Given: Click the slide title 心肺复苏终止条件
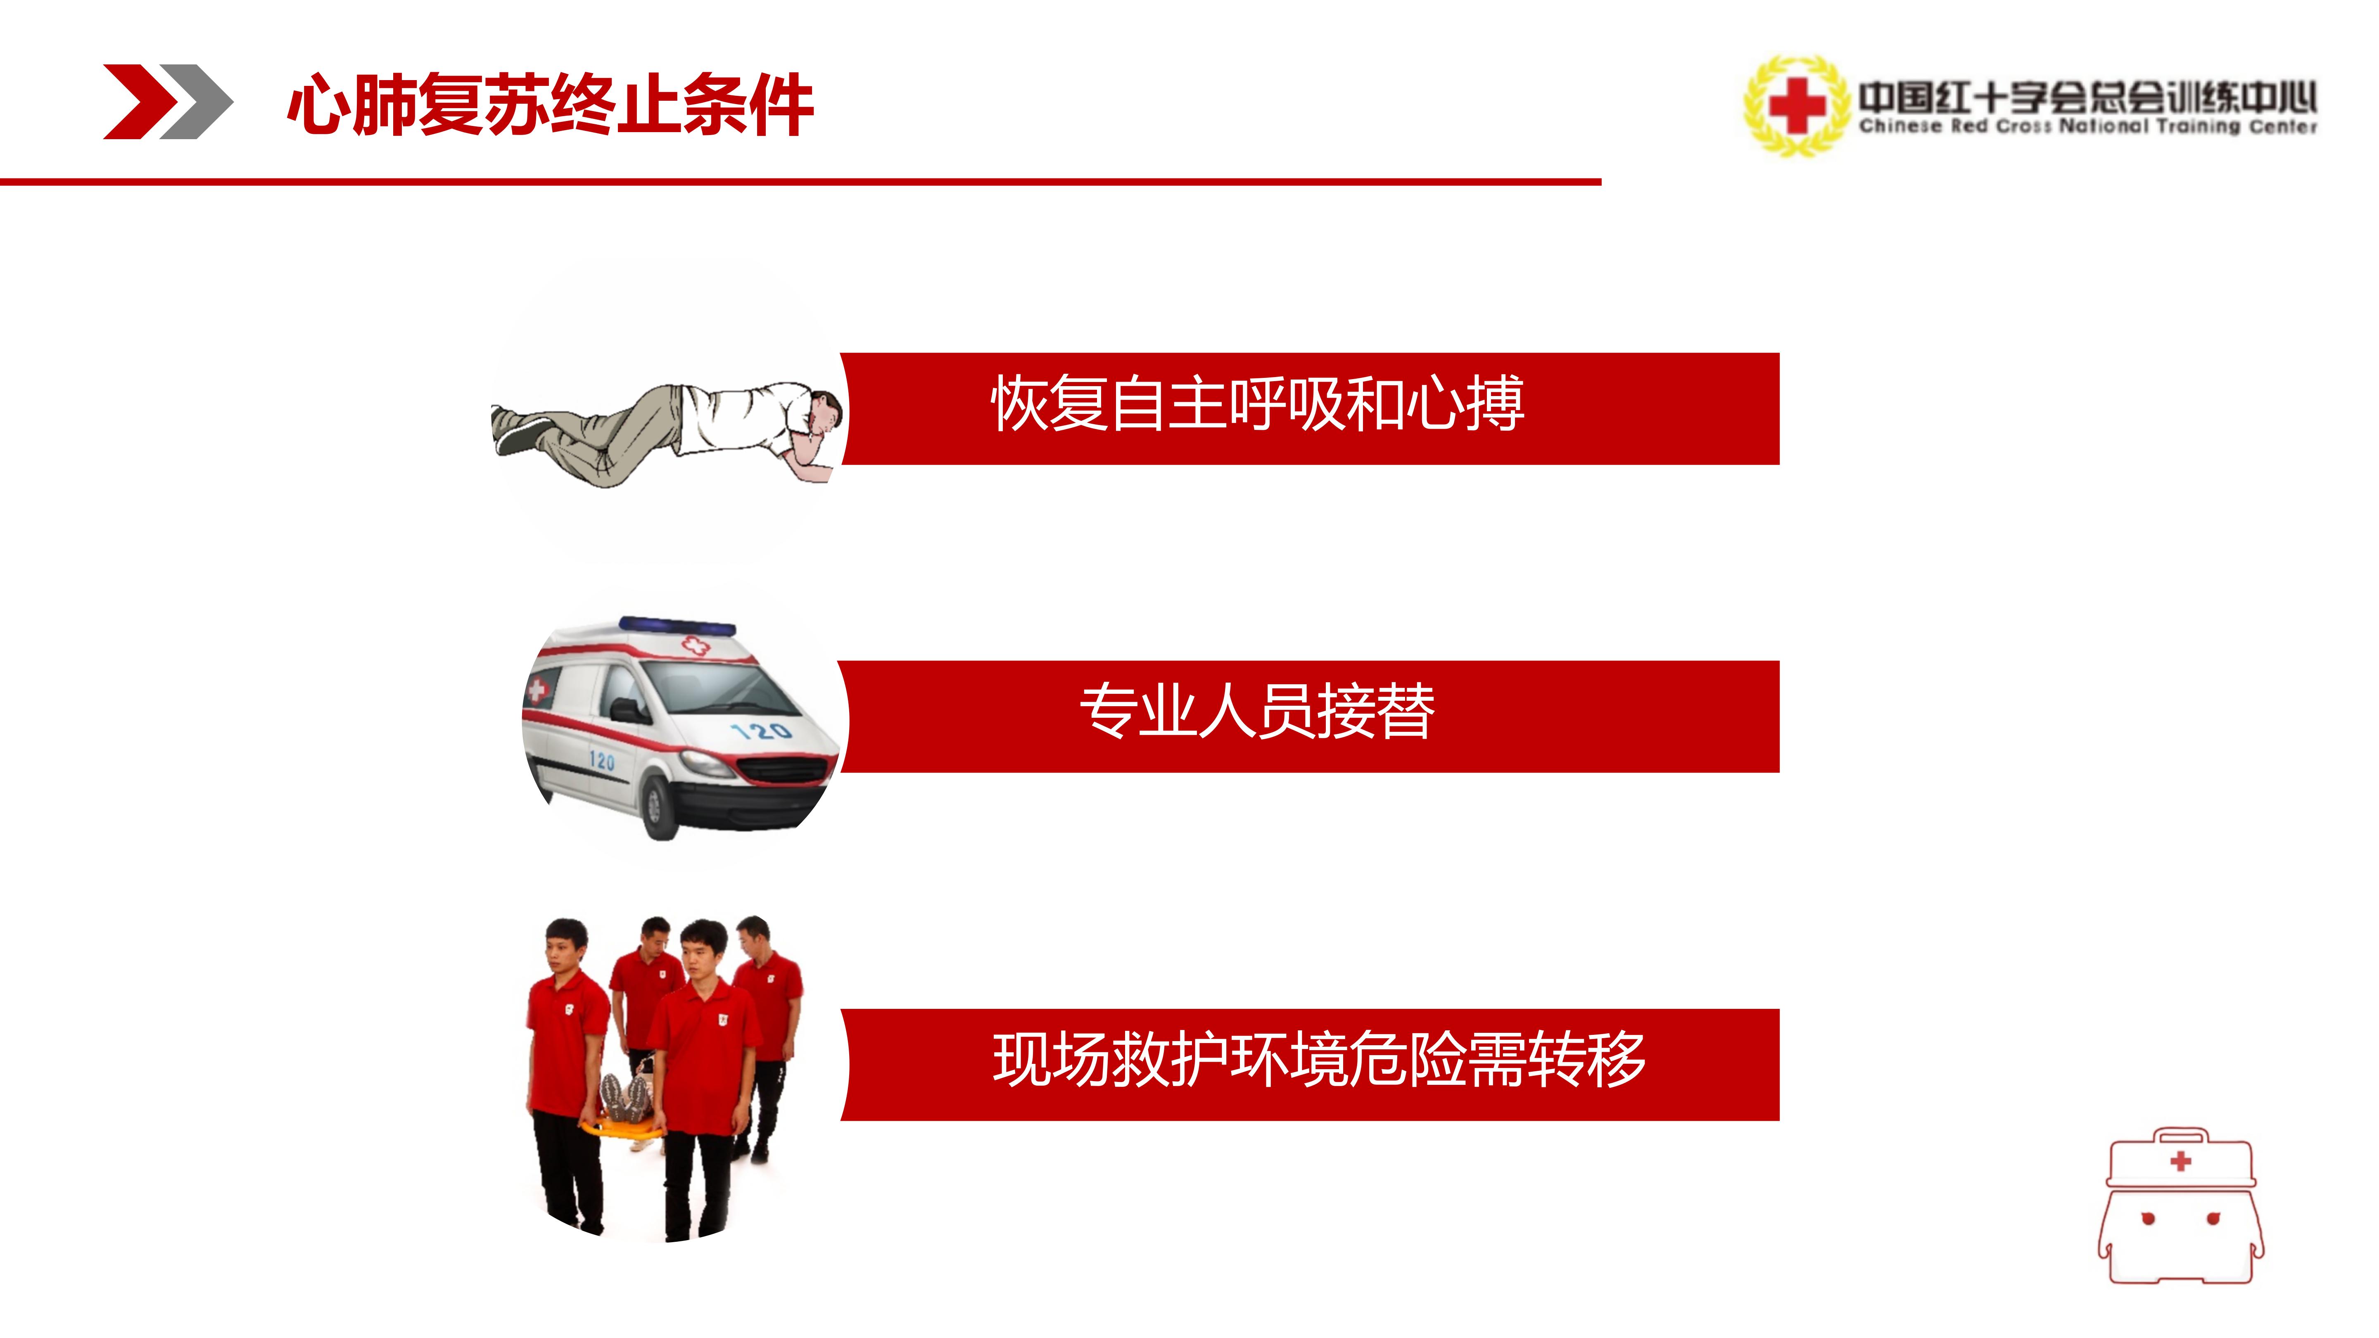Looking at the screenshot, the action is click(551, 104).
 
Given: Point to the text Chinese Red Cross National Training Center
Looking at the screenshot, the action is click(2087, 126).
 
